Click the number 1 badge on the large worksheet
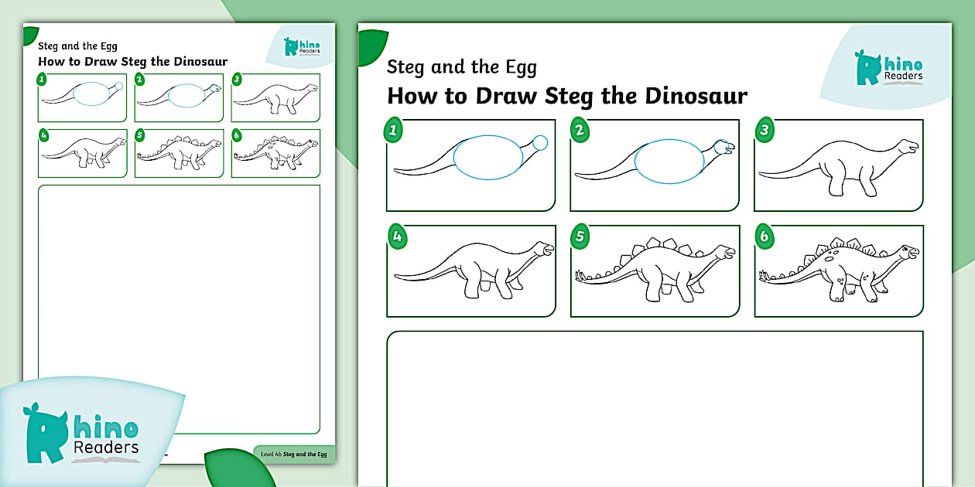click(394, 130)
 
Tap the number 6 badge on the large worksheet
click(764, 237)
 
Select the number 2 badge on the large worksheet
click(579, 130)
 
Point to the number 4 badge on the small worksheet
click(43, 135)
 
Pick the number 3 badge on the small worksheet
click(237, 79)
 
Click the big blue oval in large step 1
click(487, 158)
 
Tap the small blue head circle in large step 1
click(540, 142)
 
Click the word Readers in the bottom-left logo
click(106, 448)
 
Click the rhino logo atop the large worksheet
click(889, 68)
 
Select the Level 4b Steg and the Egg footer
click(294, 455)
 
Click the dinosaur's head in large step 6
click(908, 253)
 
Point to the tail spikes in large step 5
click(585, 274)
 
